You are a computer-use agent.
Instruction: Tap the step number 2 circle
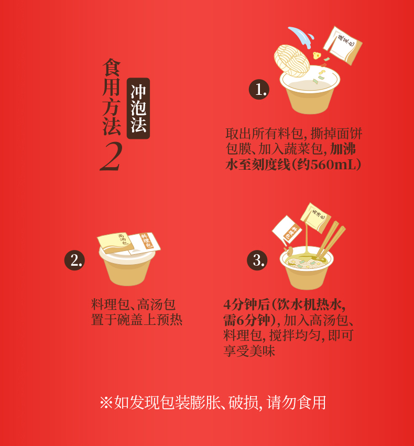74,260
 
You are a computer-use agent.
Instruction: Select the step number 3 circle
257,260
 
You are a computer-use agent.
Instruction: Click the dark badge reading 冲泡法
138,108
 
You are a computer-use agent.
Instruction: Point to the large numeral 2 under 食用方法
111,156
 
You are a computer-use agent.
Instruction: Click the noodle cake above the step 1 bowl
292,61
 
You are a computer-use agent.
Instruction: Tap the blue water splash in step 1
301,37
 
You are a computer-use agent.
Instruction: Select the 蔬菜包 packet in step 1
343,46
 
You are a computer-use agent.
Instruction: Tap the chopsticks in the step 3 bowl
331,240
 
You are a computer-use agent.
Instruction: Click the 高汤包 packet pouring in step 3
315,217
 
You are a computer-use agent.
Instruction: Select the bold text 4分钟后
246,304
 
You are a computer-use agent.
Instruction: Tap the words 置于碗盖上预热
136,320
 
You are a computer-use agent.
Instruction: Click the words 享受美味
249,351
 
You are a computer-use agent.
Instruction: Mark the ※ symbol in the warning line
106,403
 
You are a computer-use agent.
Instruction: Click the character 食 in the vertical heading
112,68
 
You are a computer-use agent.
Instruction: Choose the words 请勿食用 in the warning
296,403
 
